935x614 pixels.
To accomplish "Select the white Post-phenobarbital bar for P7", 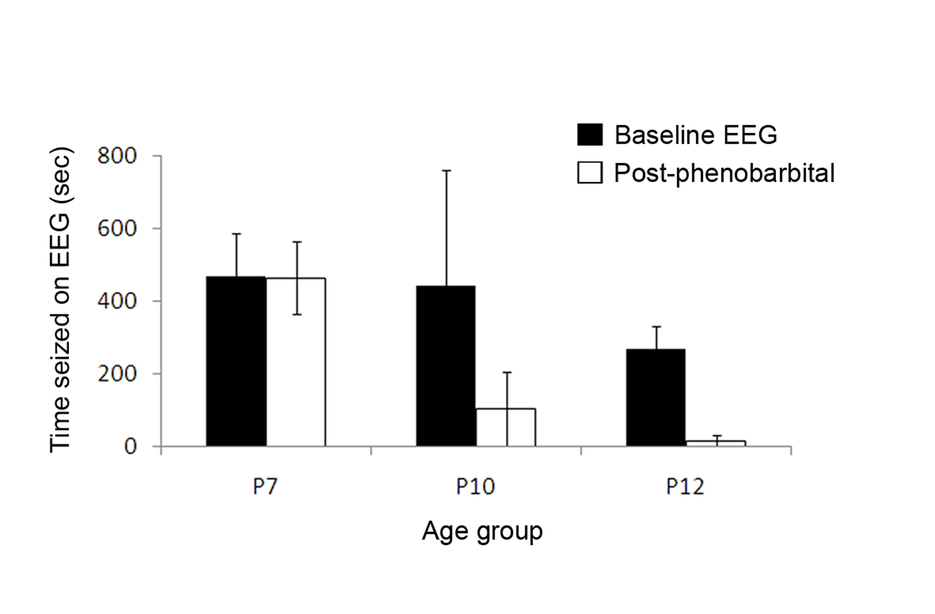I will (x=296, y=362).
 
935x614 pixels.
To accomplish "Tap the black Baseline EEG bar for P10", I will (x=446, y=365).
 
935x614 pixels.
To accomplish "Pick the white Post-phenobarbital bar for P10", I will (x=506, y=428).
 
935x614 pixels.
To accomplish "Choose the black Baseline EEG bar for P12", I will (x=656, y=397).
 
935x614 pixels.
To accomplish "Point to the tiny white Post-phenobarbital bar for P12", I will (x=716, y=443).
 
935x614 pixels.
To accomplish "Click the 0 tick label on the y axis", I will (x=131, y=446).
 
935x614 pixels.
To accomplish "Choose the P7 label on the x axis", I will (x=265, y=486).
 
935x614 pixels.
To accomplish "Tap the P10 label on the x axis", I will (x=475, y=486).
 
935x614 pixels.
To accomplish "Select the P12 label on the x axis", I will (x=685, y=486).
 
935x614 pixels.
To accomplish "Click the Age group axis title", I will (x=482, y=531).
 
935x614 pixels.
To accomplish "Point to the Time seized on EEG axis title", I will (x=61, y=300).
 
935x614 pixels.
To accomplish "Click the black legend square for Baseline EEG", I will (x=589, y=135).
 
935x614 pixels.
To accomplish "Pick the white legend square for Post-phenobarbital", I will (x=589, y=173).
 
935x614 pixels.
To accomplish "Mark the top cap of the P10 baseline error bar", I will (x=446, y=170).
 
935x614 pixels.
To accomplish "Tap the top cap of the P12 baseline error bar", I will (x=657, y=327).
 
